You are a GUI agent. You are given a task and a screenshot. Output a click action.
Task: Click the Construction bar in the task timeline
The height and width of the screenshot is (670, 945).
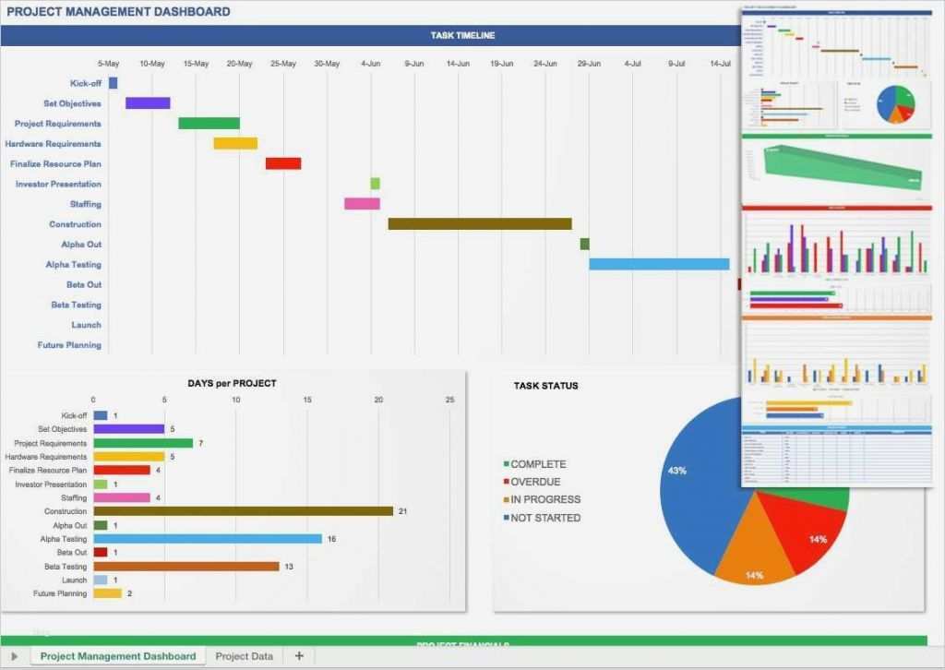[479, 223]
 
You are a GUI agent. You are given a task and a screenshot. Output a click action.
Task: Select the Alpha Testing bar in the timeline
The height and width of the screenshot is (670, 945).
[659, 264]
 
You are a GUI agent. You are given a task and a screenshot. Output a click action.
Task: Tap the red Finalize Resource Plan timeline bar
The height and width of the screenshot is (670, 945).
[283, 163]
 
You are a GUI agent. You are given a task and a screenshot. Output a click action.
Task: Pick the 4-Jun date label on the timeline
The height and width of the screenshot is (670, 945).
[371, 64]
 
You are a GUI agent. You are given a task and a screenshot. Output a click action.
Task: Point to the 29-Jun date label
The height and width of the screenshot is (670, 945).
[589, 64]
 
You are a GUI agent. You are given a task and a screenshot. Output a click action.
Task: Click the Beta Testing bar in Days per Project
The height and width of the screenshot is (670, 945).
[186, 567]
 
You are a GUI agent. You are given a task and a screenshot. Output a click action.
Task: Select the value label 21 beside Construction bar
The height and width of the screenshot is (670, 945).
[402, 511]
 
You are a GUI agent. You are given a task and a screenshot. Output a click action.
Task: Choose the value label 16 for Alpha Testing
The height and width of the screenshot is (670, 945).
[331, 539]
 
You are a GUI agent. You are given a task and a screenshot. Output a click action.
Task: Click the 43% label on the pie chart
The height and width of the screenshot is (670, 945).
[676, 471]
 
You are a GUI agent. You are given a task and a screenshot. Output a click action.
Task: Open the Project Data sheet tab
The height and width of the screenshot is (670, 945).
[244, 656]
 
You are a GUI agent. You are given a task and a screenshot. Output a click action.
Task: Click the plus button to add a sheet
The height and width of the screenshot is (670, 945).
[298, 656]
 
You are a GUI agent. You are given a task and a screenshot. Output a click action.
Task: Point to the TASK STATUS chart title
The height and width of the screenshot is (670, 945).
[545, 386]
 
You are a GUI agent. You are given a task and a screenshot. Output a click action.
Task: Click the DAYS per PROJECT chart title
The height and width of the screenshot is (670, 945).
[232, 383]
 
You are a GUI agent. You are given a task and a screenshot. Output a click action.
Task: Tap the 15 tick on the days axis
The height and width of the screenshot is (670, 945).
[306, 400]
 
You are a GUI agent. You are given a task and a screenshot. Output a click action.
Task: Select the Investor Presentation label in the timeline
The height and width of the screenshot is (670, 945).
[58, 184]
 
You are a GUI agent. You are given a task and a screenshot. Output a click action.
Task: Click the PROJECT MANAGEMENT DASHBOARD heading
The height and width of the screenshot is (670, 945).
[118, 12]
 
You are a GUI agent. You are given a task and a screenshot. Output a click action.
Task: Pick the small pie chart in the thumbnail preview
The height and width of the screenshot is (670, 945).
[895, 105]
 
